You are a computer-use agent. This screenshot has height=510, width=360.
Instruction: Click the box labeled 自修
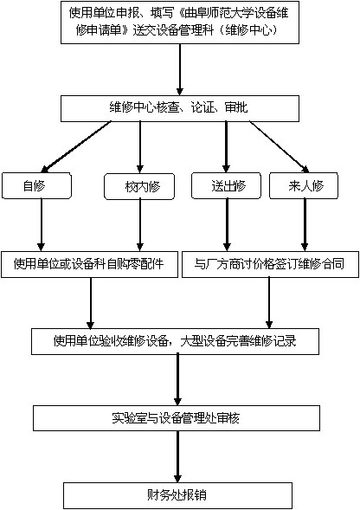click(x=36, y=185)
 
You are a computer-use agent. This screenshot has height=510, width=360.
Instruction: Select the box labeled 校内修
click(x=139, y=186)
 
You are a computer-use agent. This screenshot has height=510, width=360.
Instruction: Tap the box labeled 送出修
click(x=226, y=185)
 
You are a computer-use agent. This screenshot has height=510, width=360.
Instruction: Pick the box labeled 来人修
click(x=304, y=185)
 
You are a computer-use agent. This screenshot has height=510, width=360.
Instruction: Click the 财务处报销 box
click(x=177, y=495)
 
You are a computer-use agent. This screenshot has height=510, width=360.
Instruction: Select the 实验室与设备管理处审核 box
click(x=177, y=418)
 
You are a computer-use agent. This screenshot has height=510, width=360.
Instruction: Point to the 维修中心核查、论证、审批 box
click(x=180, y=108)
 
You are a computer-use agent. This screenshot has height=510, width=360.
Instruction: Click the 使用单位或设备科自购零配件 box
click(x=89, y=264)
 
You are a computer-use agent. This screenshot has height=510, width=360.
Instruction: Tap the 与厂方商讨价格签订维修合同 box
click(x=270, y=264)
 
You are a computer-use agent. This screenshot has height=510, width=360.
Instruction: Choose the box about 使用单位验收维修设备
click(x=175, y=341)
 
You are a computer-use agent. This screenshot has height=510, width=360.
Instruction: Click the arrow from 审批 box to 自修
click(x=76, y=146)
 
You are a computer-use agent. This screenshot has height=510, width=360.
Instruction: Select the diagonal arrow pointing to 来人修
click(x=279, y=146)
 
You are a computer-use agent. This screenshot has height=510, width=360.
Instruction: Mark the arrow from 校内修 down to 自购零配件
click(x=140, y=225)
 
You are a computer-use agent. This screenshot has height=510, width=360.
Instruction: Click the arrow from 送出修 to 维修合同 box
click(x=227, y=225)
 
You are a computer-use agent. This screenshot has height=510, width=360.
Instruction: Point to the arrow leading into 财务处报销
click(x=177, y=456)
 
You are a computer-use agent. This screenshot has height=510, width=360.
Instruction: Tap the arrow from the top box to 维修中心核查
click(x=180, y=69)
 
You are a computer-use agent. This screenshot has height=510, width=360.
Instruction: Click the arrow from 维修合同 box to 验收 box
click(x=269, y=303)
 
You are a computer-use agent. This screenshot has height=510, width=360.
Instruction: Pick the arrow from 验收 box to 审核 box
click(x=177, y=380)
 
